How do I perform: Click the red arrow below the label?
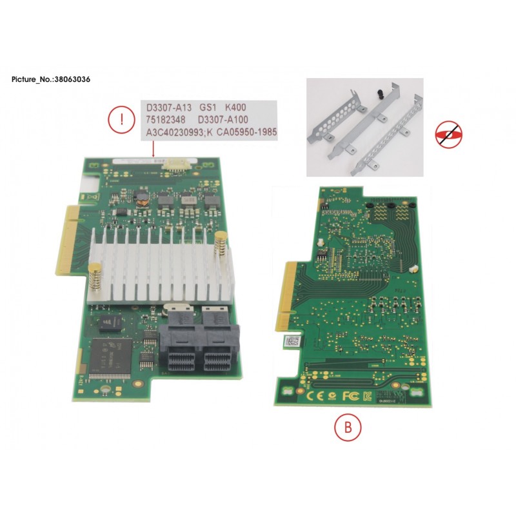pos(152,150)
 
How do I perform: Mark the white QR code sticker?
pos(292,342)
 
